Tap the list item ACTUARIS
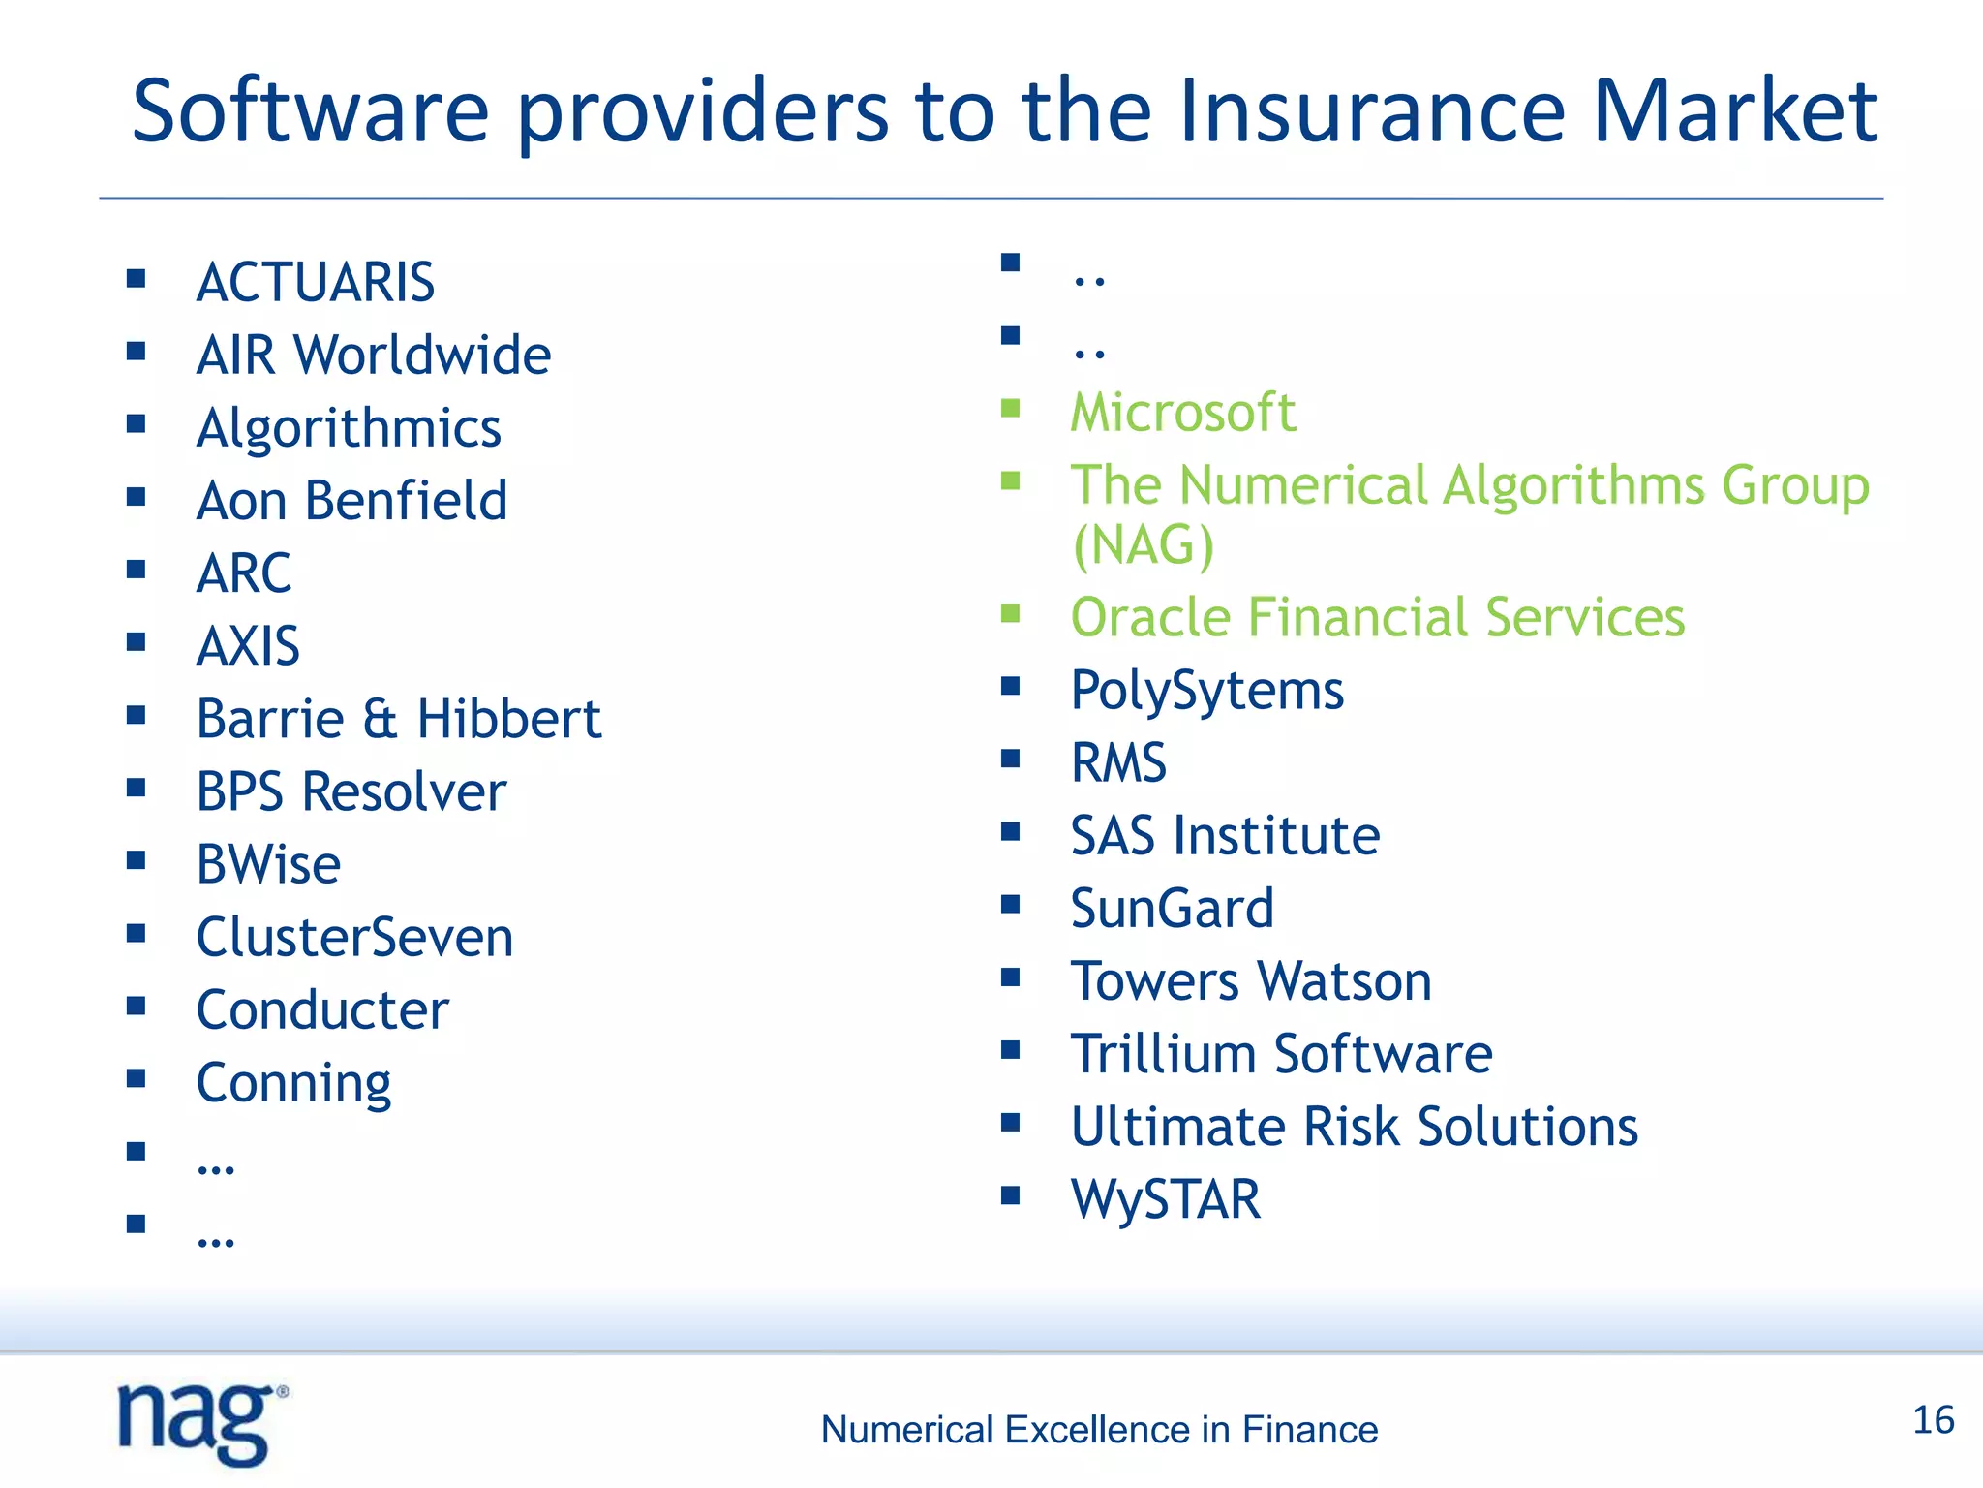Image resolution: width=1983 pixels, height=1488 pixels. pos(316,283)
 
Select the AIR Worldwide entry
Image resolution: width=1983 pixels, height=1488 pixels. pos(374,355)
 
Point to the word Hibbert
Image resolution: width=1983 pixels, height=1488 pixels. pos(509,719)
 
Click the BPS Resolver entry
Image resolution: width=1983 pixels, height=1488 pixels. pos(351,791)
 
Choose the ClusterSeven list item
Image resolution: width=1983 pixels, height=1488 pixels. pos(354,937)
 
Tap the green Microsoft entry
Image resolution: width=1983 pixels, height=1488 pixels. pos(1183,413)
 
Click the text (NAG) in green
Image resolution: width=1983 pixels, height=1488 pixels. pos(1143,544)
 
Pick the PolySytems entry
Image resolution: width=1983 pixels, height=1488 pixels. pos(1207,690)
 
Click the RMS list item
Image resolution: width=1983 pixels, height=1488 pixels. pos(1118,762)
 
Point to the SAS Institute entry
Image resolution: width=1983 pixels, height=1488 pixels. pos(1225,835)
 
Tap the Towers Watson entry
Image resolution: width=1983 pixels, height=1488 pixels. pos(1251,980)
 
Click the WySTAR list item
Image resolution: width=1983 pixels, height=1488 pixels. pos(1166,1199)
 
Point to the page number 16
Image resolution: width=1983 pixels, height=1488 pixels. pos(1934,1420)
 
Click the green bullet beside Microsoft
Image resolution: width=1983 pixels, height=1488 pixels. pos(1011,408)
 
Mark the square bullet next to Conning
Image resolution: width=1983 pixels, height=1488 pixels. pos(136,1078)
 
